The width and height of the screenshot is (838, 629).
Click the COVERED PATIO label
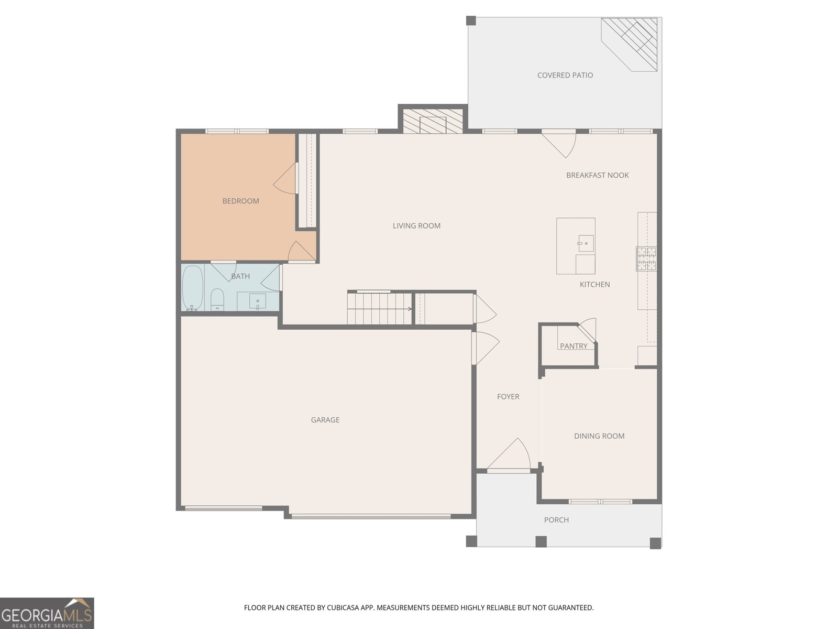click(565, 75)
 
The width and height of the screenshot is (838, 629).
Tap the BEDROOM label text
click(240, 201)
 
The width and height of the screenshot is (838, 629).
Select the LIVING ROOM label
click(416, 226)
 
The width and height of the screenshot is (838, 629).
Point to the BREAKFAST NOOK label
click(598, 175)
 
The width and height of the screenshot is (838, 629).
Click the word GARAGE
click(325, 420)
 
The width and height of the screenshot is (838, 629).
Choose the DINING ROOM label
click(599, 436)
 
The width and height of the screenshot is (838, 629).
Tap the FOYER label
click(508, 397)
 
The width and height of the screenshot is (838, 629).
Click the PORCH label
click(556, 520)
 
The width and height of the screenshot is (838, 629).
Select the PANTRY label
click(574, 346)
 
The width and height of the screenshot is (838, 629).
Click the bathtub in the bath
click(193, 288)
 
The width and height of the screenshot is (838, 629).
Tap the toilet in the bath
click(217, 300)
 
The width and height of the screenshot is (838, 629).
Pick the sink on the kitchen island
click(585, 243)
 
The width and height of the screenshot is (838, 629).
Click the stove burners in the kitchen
click(646, 259)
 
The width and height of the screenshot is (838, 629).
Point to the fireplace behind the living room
click(433, 121)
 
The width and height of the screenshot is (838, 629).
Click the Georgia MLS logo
click(47, 613)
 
